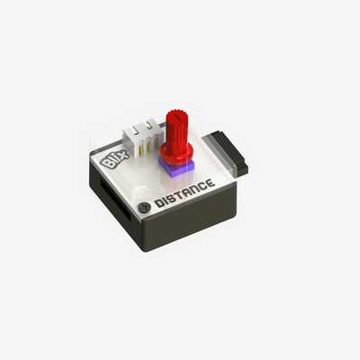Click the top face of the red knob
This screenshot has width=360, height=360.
click(x=178, y=115)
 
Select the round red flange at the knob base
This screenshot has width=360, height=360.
click(x=176, y=154)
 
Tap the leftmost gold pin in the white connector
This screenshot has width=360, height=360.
click(x=136, y=132)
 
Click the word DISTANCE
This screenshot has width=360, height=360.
click(x=184, y=193)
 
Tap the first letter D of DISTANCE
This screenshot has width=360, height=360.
click(x=158, y=204)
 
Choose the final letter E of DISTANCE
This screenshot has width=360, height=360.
click(x=210, y=184)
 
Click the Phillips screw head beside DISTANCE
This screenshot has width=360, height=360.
click(x=142, y=208)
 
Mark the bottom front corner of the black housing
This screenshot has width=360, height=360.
click(x=142, y=248)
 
